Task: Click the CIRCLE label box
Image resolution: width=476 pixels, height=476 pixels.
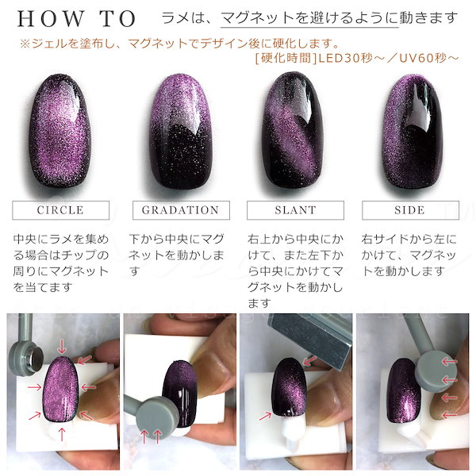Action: [61, 210]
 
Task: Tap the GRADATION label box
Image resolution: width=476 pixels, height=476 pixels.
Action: [181, 210]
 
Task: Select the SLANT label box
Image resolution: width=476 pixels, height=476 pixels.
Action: [295, 210]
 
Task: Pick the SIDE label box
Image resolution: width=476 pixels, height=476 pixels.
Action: [410, 210]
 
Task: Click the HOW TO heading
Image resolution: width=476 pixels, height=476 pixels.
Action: [76, 19]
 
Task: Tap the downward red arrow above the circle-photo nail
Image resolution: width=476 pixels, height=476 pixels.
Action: [62, 347]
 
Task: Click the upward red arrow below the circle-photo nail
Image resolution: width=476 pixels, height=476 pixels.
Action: [62, 435]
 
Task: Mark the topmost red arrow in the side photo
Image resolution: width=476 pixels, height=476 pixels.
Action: [449, 362]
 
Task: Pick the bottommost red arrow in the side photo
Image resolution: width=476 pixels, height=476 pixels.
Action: [449, 415]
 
